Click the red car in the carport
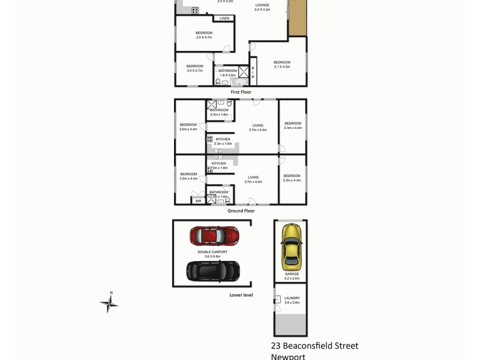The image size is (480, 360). [214, 236]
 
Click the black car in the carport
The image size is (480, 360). [213, 271]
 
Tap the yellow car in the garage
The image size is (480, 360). [292, 247]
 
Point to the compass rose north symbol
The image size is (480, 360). [109, 303]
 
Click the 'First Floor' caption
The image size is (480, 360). [241, 92]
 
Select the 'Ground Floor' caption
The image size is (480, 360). [241, 211]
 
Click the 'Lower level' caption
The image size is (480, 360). [241, 295]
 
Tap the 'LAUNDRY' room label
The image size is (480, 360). [292, 298]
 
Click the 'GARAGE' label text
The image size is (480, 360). [292, 274]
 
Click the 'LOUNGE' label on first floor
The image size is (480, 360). [263, 5]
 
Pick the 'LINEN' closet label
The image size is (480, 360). [224, 19]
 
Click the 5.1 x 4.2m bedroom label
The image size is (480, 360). [282, 62]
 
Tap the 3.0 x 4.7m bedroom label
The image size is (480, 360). [204, 33]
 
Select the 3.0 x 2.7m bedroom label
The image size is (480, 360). [194, 66]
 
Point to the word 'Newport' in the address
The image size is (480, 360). [288, 356]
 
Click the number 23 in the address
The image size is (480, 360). [276, 346]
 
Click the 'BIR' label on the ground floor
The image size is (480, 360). [199, 201]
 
